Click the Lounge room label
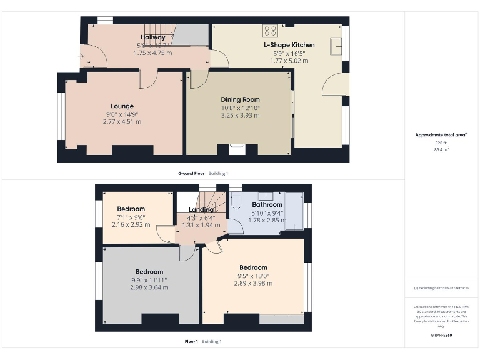122,106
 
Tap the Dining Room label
240,99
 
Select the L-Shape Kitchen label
289,45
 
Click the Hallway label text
152,37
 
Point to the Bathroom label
267,204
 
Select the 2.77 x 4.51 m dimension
122,121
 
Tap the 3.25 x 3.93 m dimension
240,115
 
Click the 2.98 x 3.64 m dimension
149,287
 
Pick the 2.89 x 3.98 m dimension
253,283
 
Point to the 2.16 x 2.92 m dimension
131,224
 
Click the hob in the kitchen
271,30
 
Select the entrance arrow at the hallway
81,57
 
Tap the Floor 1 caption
191,341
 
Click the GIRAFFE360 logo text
441,336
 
